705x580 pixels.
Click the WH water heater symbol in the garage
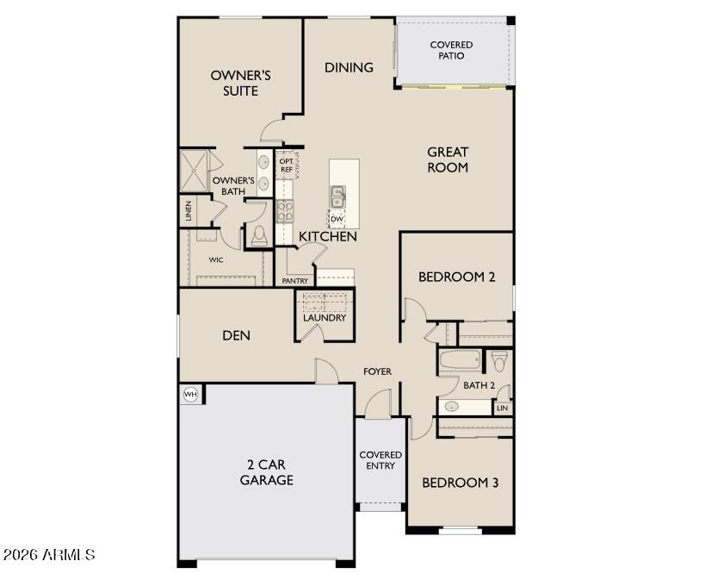click(x=189, y=395)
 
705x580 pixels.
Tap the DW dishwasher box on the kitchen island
click(x=337, y=219)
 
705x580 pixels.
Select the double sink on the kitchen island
click(x=337, y=196)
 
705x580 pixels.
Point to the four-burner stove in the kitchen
click(x=285, y=211)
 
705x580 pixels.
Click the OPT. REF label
click(x=286, y=165)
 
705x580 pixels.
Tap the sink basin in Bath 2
click(x=451, y=406)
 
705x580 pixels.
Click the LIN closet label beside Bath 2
click(x=502, y=408)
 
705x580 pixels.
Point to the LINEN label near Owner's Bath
click(x=188, y=211)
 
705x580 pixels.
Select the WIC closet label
click(x=216, y=259)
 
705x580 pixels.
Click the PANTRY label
click(x=295, y=281)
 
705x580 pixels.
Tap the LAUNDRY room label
click(x=324, y=318)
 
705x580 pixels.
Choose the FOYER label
click(x=377, y=371)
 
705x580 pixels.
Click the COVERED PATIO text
click(x=451, y=50)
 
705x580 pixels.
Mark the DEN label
click(x=236, y=335)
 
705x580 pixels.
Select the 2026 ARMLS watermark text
click(x=49, y=555)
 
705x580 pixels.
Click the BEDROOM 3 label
click(x=460, y=483)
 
